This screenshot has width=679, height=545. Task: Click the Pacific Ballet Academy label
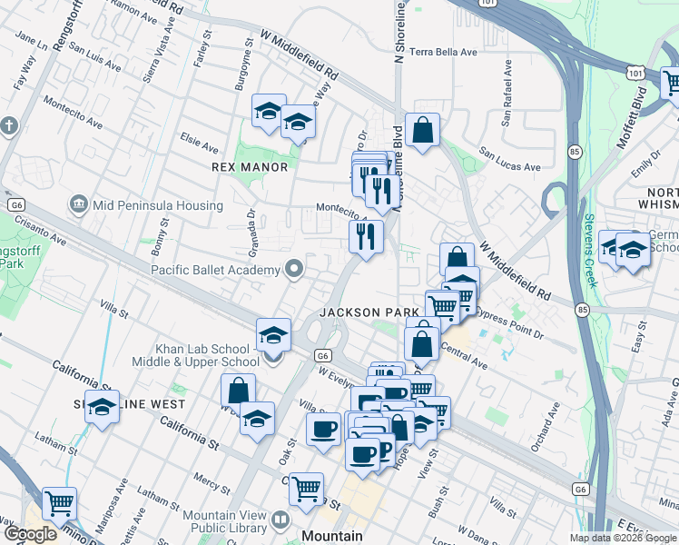click(x=215, y=270)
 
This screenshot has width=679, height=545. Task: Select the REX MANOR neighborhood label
click(x=250, y=167)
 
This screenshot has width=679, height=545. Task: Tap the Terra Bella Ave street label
click(x=443, y=53)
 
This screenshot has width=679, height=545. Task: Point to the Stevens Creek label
click(x=591, y=250)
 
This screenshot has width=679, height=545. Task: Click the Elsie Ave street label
click(x=200, y=144)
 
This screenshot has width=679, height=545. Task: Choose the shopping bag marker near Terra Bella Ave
click(x=423, y=130)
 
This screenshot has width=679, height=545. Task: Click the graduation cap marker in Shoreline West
click(x=103, y=407)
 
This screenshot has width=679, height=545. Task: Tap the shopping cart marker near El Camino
click(x=59, y=502)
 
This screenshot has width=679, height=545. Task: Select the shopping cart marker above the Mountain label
click(x=307, y=489)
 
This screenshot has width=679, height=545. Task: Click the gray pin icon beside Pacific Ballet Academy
click(x=293, y=269)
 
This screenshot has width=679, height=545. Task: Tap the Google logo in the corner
click(x=30, y=534)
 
